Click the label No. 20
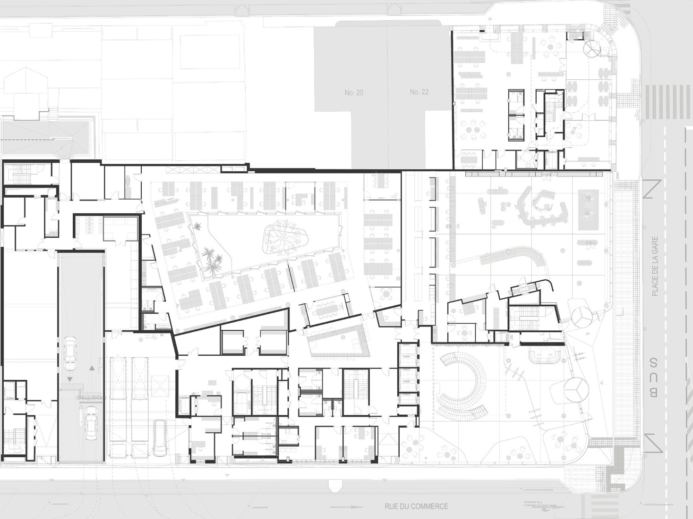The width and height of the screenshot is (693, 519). coord(354,92)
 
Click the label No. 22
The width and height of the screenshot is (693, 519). coord(419,92)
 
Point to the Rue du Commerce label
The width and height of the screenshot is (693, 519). coord(416,506)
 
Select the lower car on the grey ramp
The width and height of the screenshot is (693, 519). coord(90,422)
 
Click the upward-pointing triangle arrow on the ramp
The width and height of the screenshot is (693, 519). coord(92,367)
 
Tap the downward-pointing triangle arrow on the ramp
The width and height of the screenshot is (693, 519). coord(70,379)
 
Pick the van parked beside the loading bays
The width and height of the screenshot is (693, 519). coord(160,438)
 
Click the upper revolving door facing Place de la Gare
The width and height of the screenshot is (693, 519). coord(582,318)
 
